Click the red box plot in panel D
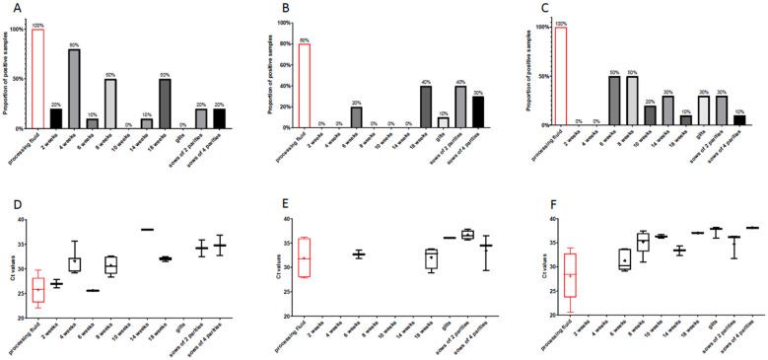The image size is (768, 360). pos(38,290)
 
